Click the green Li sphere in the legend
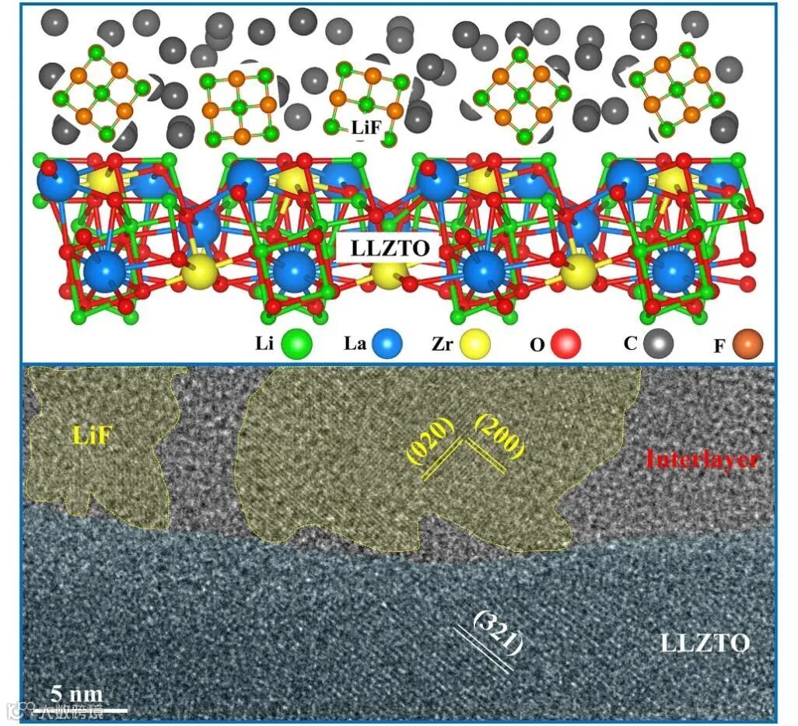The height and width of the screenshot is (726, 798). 297,343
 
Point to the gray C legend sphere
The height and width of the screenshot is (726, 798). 660,341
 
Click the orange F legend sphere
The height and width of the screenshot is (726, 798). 747,343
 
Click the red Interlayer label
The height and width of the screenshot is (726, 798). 702,459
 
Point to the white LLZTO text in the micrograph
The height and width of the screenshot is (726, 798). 705,644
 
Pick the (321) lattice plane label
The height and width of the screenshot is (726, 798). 498,631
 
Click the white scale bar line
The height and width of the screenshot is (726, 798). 78,710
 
